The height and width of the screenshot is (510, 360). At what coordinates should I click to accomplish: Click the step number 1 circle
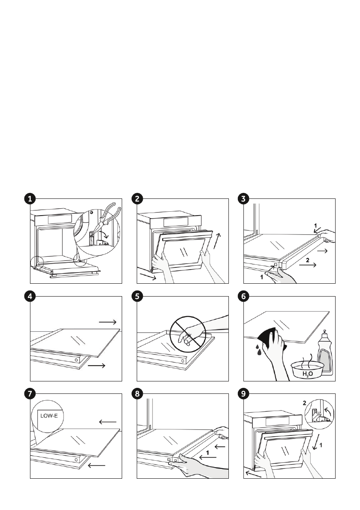tap(30, 198)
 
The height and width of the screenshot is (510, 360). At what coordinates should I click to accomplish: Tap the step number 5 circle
tap(137, 296)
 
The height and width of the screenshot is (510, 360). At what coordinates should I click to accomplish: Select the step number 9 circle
tap(243, 394)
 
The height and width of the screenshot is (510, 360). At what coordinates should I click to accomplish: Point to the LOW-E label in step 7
tap(46, 415)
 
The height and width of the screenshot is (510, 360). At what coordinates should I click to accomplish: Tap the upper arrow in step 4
tap(107, 322)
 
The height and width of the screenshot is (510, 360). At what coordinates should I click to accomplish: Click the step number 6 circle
tap(243, 296)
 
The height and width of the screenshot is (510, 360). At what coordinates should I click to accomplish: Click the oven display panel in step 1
tap(60, 219)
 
